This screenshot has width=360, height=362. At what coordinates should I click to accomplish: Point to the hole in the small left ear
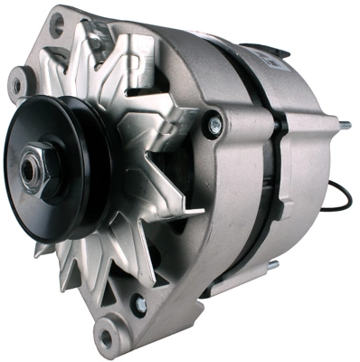coord(16,86)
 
